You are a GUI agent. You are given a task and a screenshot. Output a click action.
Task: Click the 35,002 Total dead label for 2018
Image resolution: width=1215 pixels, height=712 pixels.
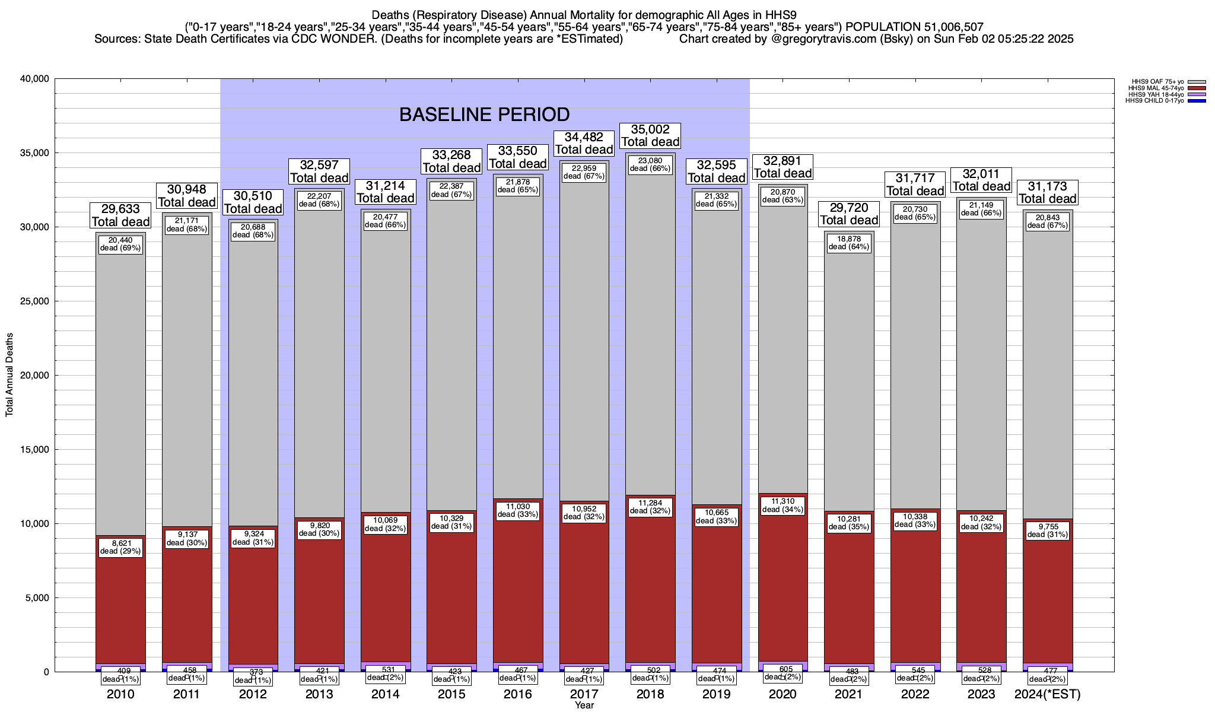click(650, 135)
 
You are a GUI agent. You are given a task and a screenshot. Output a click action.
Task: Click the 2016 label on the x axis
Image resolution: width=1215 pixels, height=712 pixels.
click(518, 694)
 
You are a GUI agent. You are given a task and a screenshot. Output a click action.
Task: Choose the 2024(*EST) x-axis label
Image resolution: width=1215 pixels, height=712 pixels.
click(1048, 694)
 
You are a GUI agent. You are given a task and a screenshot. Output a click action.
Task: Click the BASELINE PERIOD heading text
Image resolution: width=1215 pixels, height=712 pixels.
click(484, 115)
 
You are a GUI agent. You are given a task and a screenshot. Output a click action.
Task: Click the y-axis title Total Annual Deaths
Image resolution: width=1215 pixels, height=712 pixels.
click(9, 374)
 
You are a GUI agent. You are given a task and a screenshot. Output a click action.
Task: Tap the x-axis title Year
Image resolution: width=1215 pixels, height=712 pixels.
click(584, 705)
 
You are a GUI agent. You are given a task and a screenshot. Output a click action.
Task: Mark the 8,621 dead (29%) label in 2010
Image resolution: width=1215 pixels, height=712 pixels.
click(120, 547)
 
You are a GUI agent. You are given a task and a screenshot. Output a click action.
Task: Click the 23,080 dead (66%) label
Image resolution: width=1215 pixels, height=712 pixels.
click(650, 164)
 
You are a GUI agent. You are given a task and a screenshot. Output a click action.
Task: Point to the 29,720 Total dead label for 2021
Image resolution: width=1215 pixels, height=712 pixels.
click(849, 214)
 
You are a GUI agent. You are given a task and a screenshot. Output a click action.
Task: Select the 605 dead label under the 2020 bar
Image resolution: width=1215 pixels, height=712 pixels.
click(783, 673)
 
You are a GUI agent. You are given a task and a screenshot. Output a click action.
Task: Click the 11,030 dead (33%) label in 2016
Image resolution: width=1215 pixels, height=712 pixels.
click(518, 510)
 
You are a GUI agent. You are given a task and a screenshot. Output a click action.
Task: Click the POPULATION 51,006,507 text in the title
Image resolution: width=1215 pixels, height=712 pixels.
click(914, 27)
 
